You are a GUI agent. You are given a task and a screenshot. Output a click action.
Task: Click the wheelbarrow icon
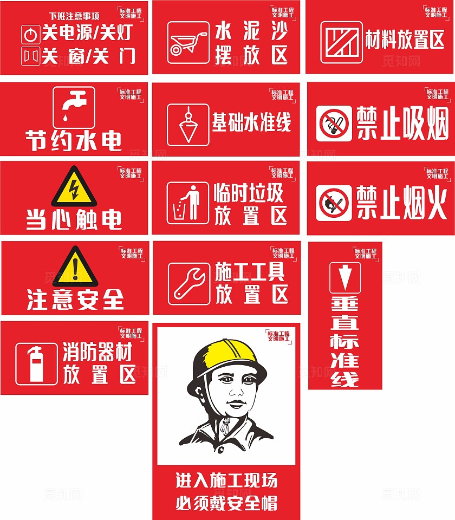[188, 42]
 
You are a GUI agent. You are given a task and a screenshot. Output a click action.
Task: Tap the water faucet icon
[74, 107]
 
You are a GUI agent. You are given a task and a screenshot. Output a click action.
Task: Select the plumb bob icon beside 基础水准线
[188, 125]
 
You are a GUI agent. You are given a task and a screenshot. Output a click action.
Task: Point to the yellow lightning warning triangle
[74, 187]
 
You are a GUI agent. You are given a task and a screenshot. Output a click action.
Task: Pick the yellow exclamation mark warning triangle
[75, 266]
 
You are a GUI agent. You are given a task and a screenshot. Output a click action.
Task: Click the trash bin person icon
[187, 203]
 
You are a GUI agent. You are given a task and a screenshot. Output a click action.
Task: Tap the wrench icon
[188, 283]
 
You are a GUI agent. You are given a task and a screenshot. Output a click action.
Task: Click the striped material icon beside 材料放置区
[341, 42]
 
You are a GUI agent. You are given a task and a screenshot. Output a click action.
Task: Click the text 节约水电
[74, 140]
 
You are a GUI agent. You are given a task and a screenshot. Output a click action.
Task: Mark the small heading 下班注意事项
[74, 16]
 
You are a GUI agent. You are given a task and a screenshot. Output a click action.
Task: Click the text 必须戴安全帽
[226, 503]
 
